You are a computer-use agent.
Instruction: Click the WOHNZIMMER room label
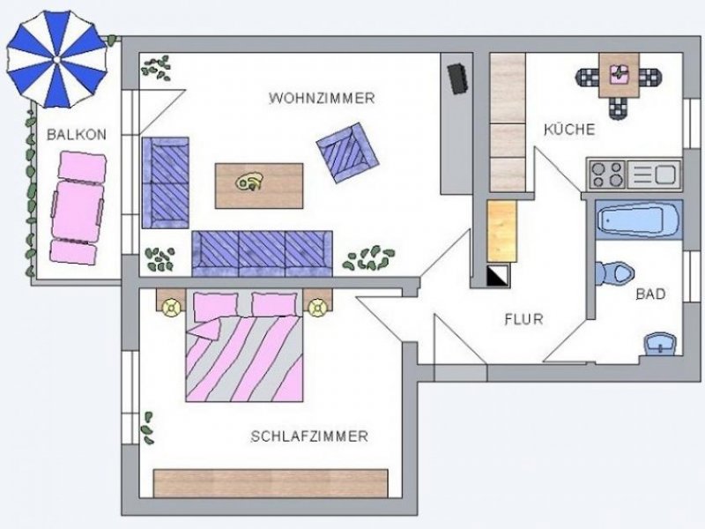pos(322,98)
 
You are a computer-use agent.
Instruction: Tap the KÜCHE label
pos(569,130)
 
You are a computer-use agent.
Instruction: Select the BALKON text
pos(77,135)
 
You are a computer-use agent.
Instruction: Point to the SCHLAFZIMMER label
pos(308,436)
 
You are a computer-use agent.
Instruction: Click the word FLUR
pos(523,319)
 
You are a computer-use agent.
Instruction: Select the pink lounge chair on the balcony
pos(78,206)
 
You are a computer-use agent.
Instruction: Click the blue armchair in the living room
pos(347,153)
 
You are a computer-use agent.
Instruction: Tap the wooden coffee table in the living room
pos(259,185)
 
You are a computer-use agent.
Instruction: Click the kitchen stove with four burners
pos(607,173)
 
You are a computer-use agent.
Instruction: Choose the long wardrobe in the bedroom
pos(271,483)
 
